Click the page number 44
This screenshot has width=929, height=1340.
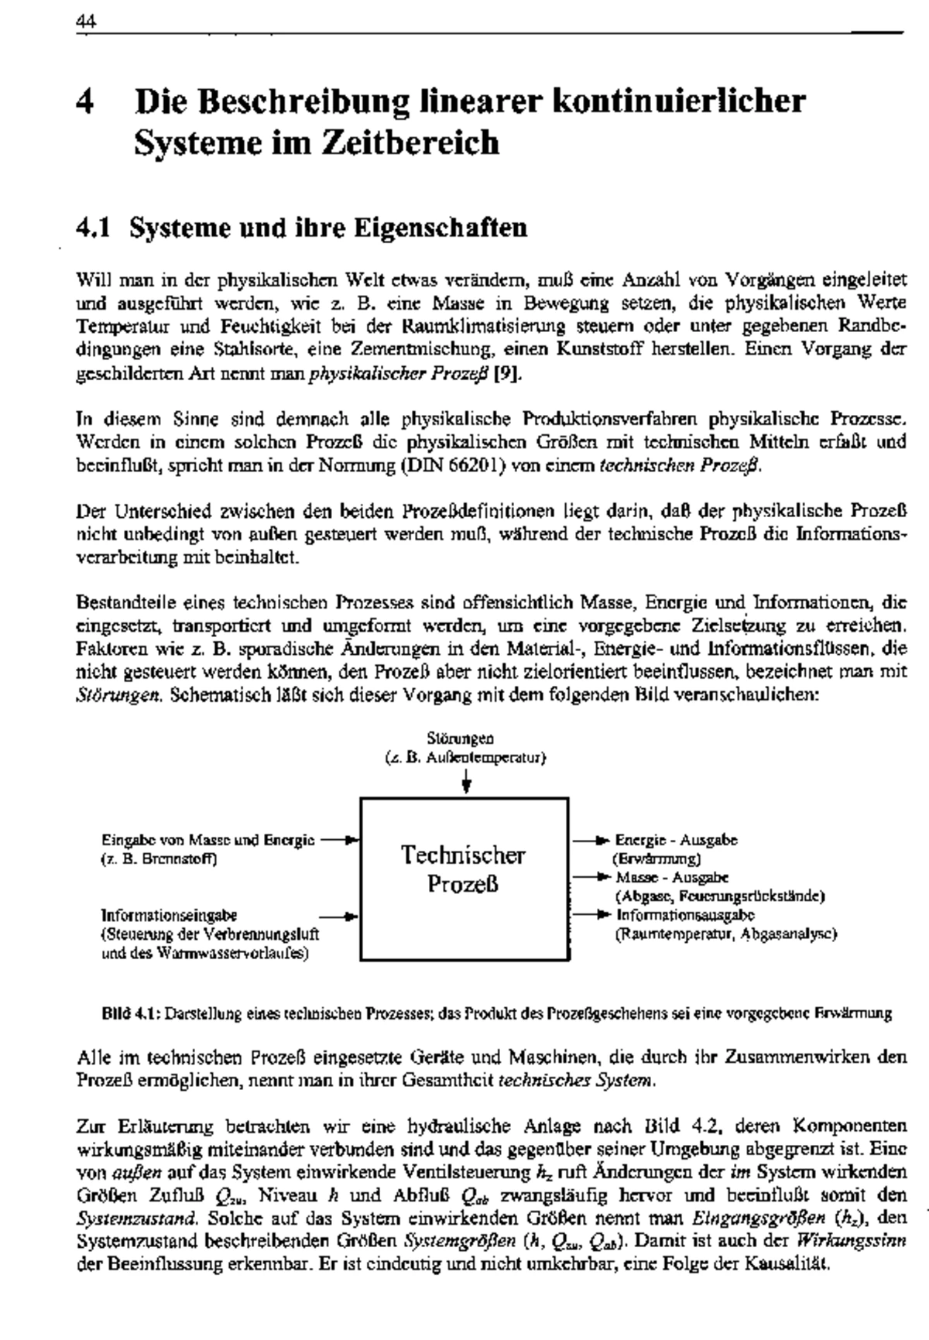click(x=84, y=22)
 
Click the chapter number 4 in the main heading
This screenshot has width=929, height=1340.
click(x=85, y=102)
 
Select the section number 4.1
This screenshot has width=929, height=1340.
click(x=93, y=228)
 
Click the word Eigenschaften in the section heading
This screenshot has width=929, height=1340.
click(x=441, y=228)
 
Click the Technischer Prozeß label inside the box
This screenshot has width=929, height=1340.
click(x=463, y=869)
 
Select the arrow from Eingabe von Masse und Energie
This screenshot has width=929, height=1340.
click(x=338, y=839)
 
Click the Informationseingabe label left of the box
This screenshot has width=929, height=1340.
click(x=169, y=916)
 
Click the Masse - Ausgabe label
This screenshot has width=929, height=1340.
click(x=672, y=878)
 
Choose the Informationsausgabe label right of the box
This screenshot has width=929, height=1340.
click(x=685, y=916)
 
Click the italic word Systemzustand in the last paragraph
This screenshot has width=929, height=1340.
click(x=125, y=1218)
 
